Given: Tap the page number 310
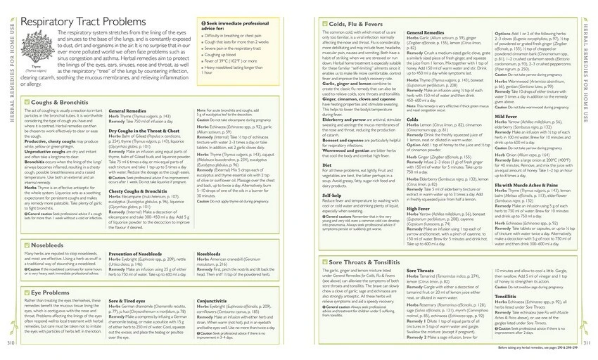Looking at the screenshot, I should point(11,342).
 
